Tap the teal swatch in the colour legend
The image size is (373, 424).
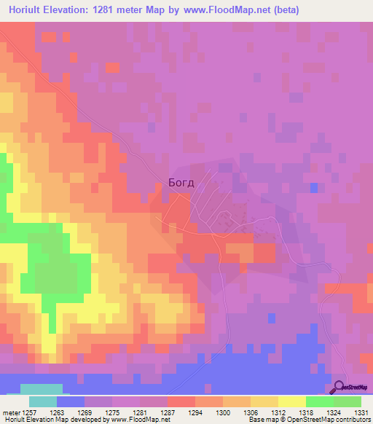(42, 401)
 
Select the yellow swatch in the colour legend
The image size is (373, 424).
(291, 401)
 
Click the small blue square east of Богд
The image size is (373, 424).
(313, 188)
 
